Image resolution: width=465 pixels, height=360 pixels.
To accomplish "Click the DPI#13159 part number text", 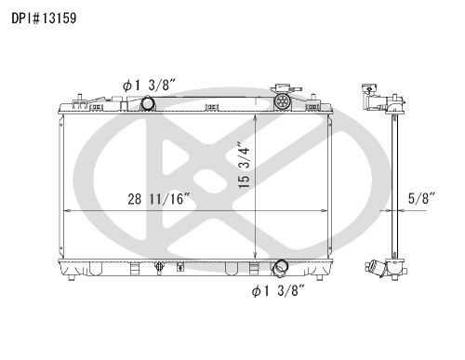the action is point(44,19).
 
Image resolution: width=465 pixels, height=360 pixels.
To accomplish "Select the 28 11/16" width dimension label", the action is point(159,199).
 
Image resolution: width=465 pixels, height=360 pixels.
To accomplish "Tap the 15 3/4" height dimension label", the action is point(244,165).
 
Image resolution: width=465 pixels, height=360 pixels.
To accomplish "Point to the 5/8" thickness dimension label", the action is point(422,198).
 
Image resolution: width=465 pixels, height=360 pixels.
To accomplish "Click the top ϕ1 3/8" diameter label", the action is point(150,86).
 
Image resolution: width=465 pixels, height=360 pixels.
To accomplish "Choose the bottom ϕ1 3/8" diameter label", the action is point(278,291).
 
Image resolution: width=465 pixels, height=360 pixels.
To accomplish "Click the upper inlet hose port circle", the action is point(148,103).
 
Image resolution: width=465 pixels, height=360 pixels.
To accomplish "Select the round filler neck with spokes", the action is point(282,101).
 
